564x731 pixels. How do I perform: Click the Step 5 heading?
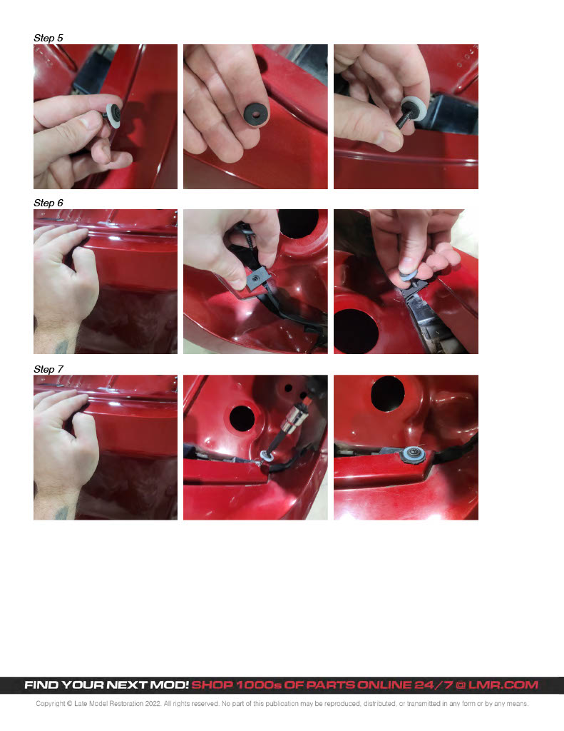(48, 38)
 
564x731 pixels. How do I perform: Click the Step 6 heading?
(48, 203)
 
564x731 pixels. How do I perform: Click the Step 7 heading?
(48, 369)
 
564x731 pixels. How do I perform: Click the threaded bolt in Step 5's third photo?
(404, 118)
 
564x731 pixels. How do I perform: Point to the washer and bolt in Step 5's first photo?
(113, 115)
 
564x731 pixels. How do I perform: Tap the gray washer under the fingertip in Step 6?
(409, 276)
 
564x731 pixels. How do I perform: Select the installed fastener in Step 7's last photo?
(413, 453)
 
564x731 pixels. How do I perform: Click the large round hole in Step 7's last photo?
(387, 393)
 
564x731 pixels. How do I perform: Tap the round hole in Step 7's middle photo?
(242, 418)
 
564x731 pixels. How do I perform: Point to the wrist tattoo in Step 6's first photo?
(62, 346)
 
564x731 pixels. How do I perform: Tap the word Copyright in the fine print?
(51, 703)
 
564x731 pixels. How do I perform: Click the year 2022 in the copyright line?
(153, 703)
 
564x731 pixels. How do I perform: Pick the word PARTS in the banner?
(330, 685)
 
